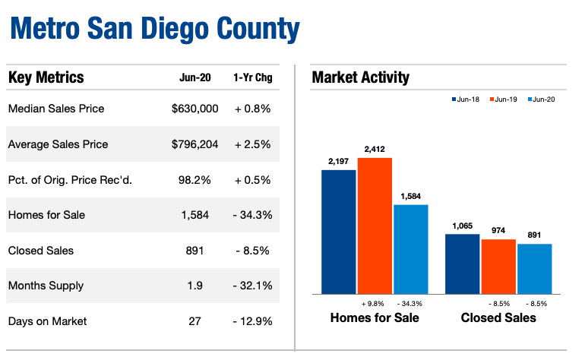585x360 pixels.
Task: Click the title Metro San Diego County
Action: pyautogui.click(x=154, y=30)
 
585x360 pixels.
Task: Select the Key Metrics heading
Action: pyautogui.click(x=46, y=77)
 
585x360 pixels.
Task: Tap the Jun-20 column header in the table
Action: pyautogui.click(x=194, y=78)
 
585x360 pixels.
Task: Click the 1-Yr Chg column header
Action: pyautogui.click(x=252, y=78)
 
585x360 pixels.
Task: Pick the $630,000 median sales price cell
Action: pyautogui.click(x=194, y=109)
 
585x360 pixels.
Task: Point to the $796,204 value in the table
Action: pyautogui.click(x=194, y=144)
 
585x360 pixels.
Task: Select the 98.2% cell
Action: pyautogui.click(x=194, y=180)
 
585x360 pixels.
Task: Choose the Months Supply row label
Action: pyautogui.click(x=46, y=286)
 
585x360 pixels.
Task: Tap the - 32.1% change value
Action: pyautogui.click(x=252, y=286)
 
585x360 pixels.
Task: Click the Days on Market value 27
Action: pyautogui.click(x=194, y=321)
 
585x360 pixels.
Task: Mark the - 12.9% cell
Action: pyautogui.click(x=252, y=321)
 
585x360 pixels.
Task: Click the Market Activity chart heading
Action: pyautogui.click(x=360, y=77)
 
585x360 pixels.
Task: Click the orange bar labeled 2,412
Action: pyautogui.click(x=375, y=226)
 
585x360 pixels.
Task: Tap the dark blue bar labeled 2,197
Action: pyautogui.click(x=338, y=232)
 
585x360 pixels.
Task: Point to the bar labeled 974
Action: pyautogui.click(x=498, y=267)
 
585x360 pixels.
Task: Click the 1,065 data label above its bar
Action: pyautogui.click(x=462, y=226)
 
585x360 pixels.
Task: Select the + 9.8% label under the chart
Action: pyautogui.click(x=375, y=304)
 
